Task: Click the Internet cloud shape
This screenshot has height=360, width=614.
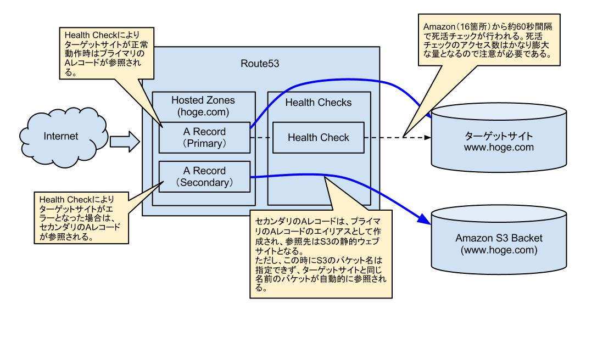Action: point(61,137)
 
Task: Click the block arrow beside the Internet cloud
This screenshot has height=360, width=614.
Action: point(124,142)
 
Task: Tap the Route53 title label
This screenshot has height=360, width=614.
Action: point(260,64)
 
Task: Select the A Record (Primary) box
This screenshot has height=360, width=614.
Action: point(204,138)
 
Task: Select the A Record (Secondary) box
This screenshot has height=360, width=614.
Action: point(204,177)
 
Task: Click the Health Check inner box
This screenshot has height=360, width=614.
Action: point(318,138)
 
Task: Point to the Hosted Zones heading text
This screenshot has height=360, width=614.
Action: point(203,100)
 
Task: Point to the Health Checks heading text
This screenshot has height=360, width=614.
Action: point(318,103)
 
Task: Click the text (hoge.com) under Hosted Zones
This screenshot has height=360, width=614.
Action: point(203,112)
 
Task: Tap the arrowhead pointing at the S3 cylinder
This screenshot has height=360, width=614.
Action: point(425,220)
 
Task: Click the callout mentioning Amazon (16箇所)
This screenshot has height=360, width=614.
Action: point(486,41)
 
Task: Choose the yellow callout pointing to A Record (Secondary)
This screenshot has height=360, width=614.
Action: point(81,217)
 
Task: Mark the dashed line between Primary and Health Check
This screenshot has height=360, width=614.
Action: point(261,138)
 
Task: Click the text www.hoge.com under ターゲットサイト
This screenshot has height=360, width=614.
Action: point(498,148)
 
